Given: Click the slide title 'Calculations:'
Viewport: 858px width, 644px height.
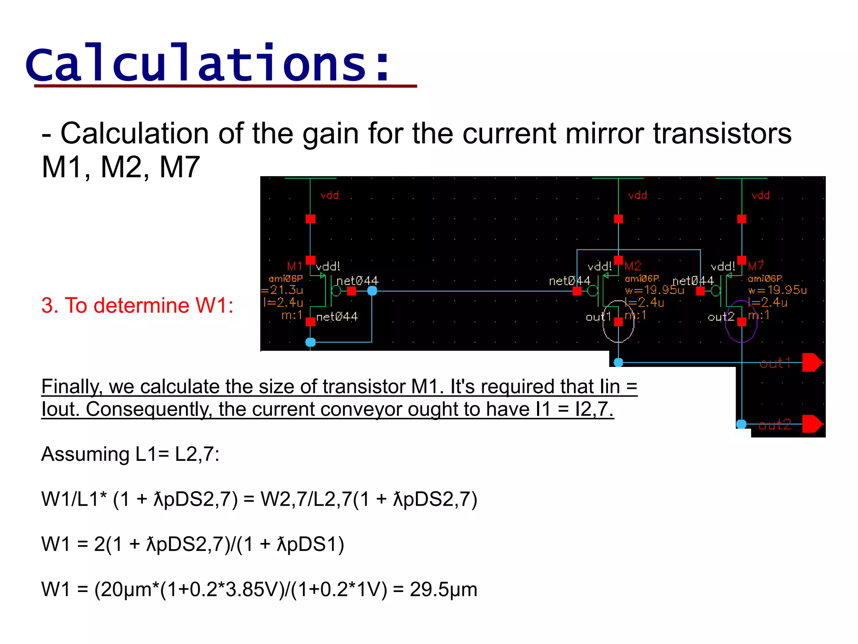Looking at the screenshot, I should point(208,64).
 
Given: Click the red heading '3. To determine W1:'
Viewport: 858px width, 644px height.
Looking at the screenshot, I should point(137,305).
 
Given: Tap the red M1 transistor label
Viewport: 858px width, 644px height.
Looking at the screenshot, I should point(295,266).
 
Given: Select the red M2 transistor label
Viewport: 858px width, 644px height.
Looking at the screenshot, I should point(633,266).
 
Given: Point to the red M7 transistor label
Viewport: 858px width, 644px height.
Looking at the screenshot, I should point(756,266).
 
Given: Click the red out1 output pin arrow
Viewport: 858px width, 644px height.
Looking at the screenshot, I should point(812,363).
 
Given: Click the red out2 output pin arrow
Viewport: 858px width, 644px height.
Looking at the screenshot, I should point(812,424).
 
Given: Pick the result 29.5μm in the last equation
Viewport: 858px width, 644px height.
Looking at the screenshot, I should point(443,589).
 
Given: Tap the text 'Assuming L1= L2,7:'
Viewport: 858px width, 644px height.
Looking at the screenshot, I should point(130,454).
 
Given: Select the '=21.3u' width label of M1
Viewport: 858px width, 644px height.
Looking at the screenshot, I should point(282,290).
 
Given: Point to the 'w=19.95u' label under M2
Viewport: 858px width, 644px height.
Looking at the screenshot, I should point(654,290).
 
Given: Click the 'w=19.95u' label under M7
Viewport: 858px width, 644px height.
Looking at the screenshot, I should point(777,290).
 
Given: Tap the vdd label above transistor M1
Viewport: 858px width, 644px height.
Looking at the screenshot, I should point(330,195).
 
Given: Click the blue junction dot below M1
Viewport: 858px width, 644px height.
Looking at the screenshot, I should point(310,342).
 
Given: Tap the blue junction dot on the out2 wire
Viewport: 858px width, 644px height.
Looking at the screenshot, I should point(742,424).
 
